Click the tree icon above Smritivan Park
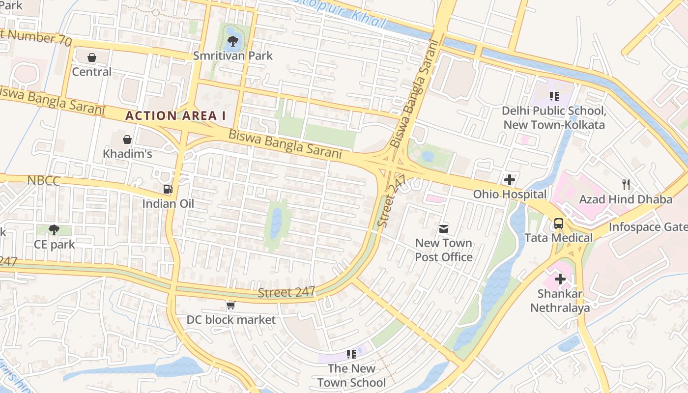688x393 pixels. [x=233, y=41]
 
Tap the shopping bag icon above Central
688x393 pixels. [x=92, y=57]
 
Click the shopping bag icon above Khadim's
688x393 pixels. [x=127, y=140]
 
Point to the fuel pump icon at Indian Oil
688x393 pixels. [x=168, y=189]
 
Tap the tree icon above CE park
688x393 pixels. [x=54, y=229]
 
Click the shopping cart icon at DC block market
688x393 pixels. [x=230, y=306]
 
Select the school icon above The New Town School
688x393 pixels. [x=351, y=354]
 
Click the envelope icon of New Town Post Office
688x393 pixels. [x=444, y=228]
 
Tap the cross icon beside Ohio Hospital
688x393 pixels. [x=510, y=180]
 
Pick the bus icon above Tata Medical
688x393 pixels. [x=558, y=224]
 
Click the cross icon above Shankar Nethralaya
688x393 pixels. [x=560, y=280]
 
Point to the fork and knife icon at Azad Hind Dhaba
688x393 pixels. [x=626, y=185]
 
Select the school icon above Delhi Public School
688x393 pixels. [x=554, y=96]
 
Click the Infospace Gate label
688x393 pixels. [x=648, y=227]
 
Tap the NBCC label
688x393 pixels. [x=43, y=181]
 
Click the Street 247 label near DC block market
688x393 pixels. [x=286, y=292]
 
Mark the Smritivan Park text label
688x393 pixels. [x=232, y=56]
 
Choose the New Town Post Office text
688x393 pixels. [x=444, y=250]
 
